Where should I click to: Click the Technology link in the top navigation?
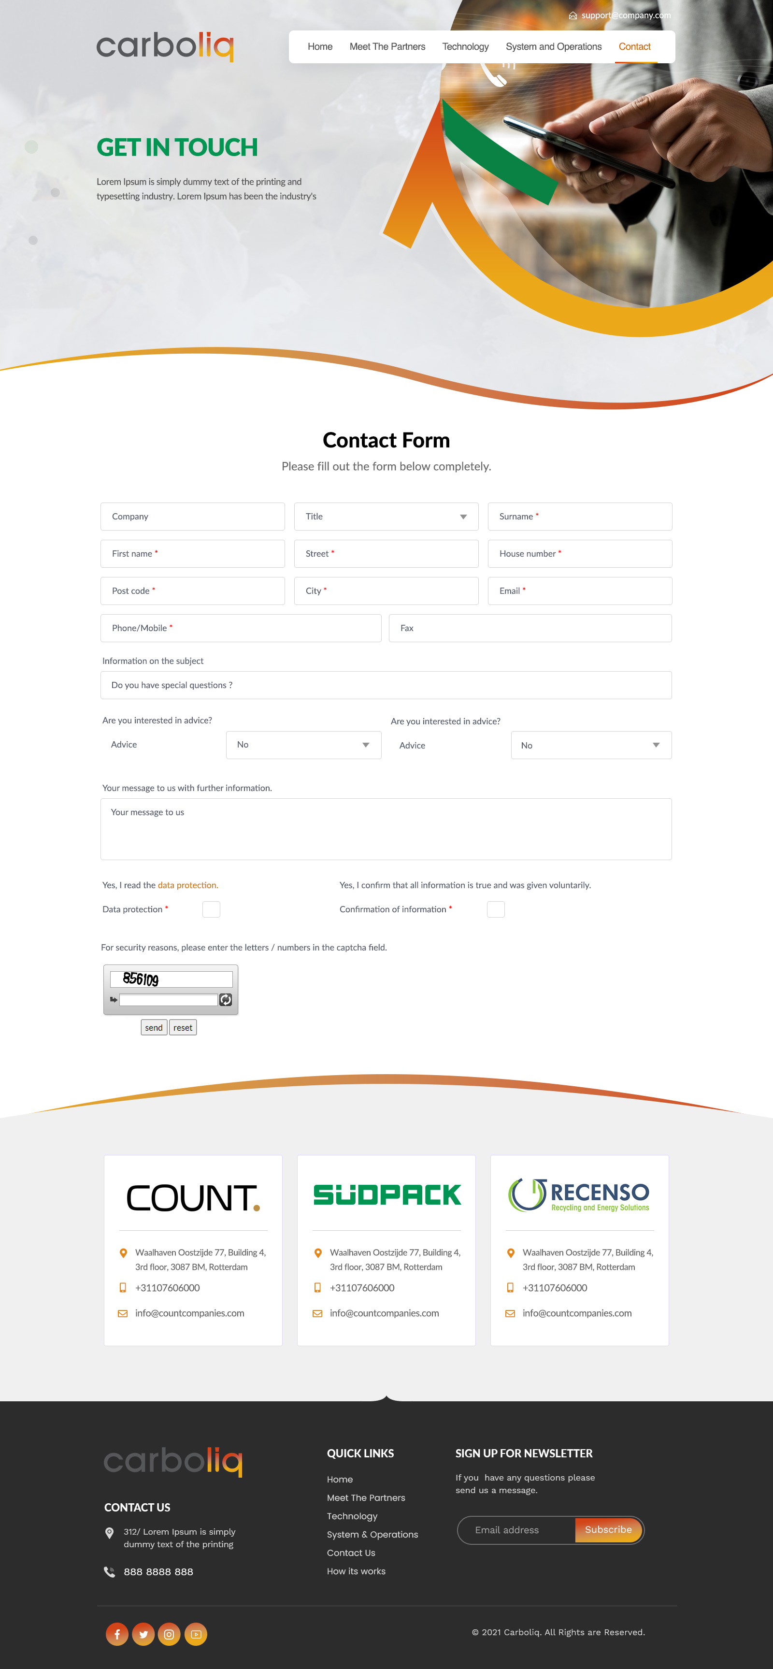click(465, 47)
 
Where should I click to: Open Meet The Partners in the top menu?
click(387, 47)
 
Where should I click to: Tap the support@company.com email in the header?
click(625, 15)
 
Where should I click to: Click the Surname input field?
click(579, 517)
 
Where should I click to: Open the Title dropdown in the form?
click(386, 517)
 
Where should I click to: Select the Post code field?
click(192, 591)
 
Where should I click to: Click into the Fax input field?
click(530, 628)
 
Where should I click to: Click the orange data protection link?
click(188, 885)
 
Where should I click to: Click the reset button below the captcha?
click(183, 1028)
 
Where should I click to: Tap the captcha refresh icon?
click(226, 1000)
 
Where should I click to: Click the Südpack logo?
click(387, 1195)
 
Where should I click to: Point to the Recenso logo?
click(579, 1195)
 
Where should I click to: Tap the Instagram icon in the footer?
click(169, 1634)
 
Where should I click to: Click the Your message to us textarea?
click(386, 829)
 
